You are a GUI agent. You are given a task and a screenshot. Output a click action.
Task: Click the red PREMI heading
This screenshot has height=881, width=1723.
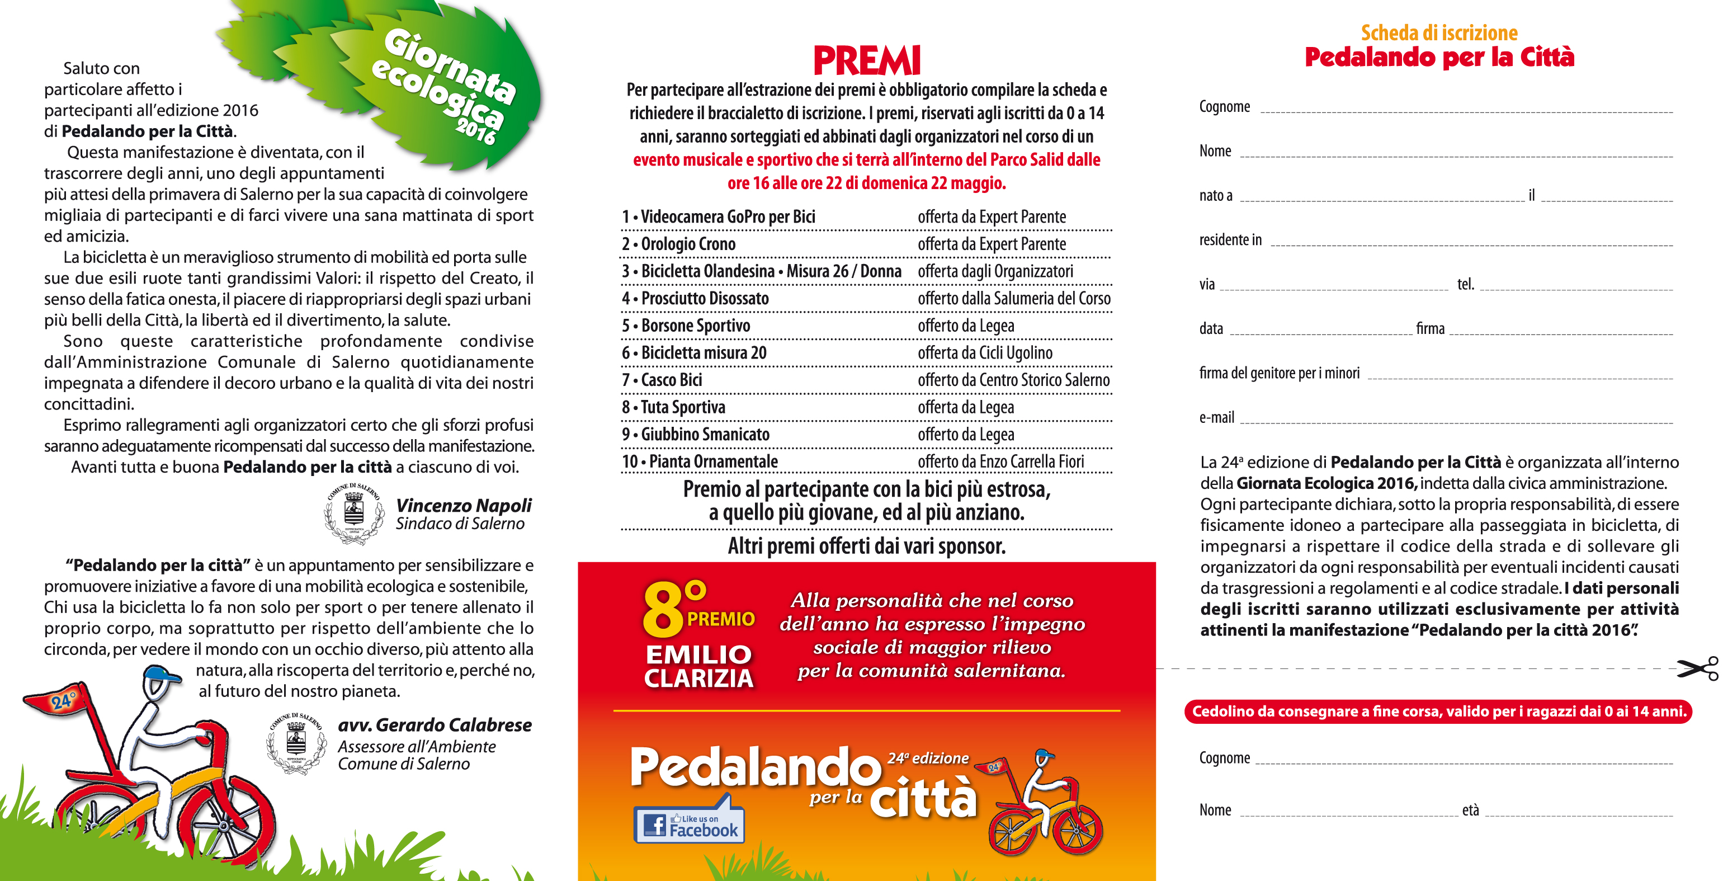click(866, 61)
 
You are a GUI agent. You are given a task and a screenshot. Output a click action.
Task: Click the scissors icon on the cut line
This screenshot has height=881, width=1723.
click(1698, 668)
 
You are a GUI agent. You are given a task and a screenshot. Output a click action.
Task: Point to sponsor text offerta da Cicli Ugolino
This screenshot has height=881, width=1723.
click(985, 352)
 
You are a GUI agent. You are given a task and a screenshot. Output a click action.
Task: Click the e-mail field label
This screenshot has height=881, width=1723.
click(1216, 417)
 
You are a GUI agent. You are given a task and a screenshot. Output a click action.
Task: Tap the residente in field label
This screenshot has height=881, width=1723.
click(1230, 239)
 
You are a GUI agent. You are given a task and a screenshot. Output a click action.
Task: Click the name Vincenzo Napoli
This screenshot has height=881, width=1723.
click(464, 505)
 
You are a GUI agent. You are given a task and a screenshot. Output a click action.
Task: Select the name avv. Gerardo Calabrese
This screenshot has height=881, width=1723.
click(435, 724)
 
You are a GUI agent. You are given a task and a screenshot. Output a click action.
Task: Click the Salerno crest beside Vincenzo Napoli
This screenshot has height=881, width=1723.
click(354, 513)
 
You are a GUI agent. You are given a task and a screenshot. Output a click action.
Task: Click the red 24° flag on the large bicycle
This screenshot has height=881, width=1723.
click(59, 699)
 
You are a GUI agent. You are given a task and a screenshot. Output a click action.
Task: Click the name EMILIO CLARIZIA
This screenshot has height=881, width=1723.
click(698, 666)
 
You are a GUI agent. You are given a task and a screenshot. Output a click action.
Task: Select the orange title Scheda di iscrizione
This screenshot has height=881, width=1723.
click(1439, 33)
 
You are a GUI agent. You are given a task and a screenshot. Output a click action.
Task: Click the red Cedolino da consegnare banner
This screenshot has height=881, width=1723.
click(1438, 711)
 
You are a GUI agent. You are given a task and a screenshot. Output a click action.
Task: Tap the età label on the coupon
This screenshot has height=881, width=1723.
click(1470, 810)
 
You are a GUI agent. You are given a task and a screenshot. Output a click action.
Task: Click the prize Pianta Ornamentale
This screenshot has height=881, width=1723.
click(713, 461)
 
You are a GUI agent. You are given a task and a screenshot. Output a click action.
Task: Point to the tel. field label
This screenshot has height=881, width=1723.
click(1466, 284)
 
